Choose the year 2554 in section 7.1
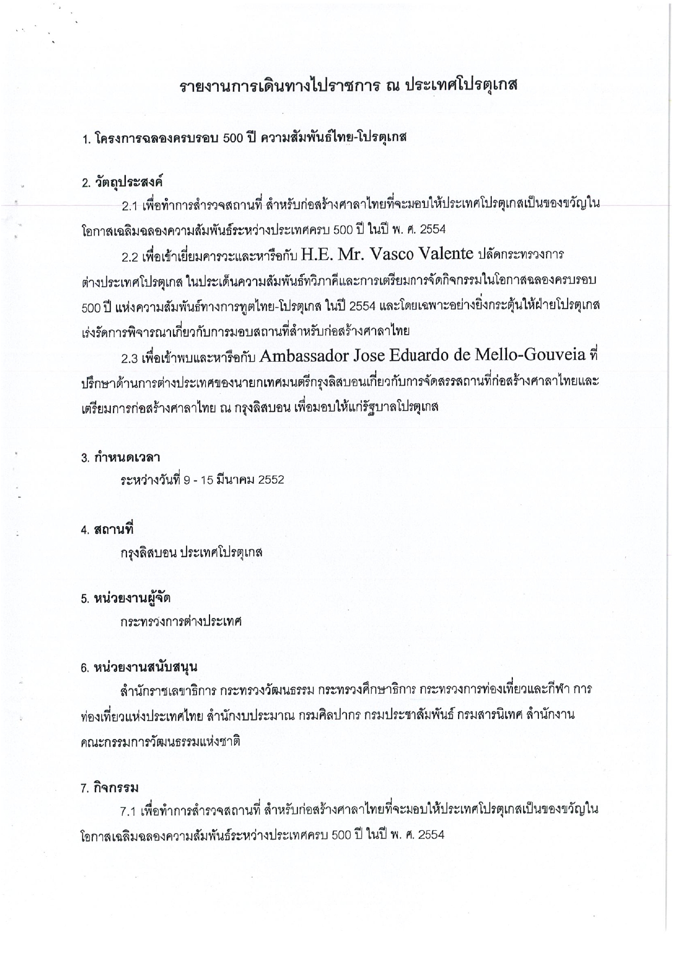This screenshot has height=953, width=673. click(431, 835)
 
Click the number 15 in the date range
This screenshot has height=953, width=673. click(206, 480)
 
